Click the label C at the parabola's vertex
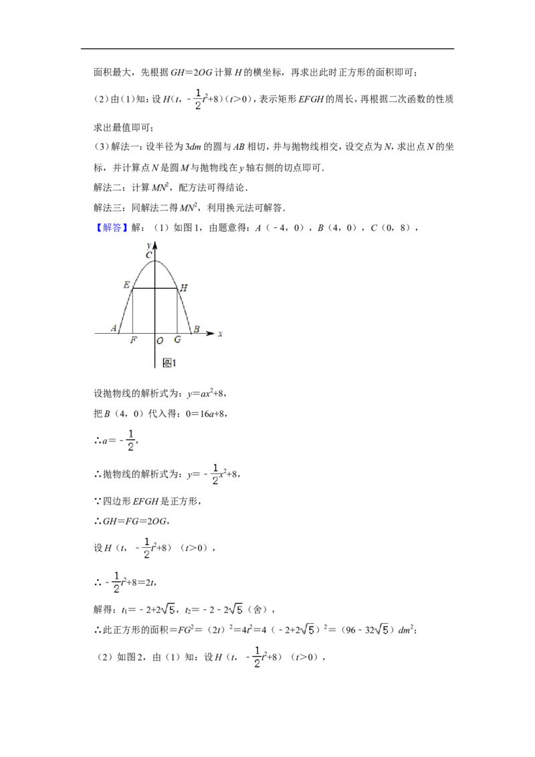pos(148,255)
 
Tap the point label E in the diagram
pos(126,285)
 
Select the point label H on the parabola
pos(183,288)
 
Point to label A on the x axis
pos(114,328)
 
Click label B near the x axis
pos(197,329)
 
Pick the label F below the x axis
pos(134,340)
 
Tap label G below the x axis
pos(177,340)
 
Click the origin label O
pos(160,341)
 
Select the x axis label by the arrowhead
pos(220,334)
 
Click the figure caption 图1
pos(169,363)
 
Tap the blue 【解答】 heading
pos(112,227)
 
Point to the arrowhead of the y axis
pos(155,245)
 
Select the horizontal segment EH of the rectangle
pos(155,289)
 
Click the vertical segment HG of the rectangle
pos(177,311)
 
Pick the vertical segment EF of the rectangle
pos(133,311)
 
